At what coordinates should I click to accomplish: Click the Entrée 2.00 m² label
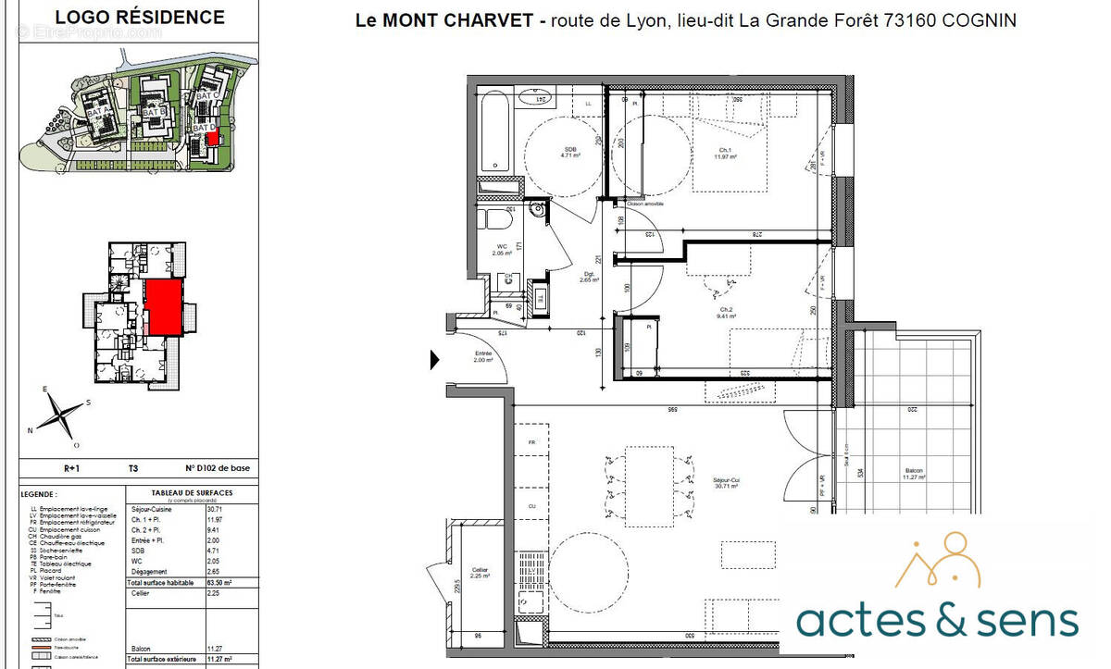tap(483, 357)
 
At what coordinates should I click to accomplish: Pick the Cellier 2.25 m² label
tap(479, 573)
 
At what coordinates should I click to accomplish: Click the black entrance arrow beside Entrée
tap(435, 360)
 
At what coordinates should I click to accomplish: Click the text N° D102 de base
tap(217, 469)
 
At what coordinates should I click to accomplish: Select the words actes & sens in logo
tap(937, 620)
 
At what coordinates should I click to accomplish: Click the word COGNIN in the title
tap(979, 20)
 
